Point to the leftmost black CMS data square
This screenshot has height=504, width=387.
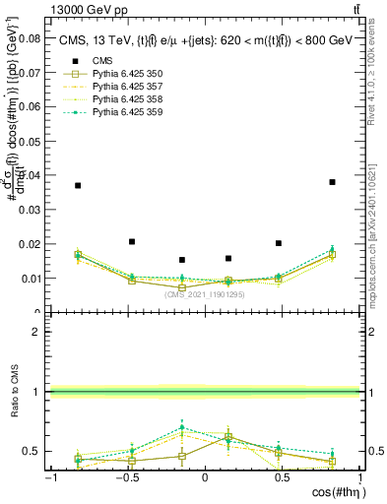(78, 185)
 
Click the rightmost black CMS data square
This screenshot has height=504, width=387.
(332, 182)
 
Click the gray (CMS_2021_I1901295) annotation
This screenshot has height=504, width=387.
(205, 294)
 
